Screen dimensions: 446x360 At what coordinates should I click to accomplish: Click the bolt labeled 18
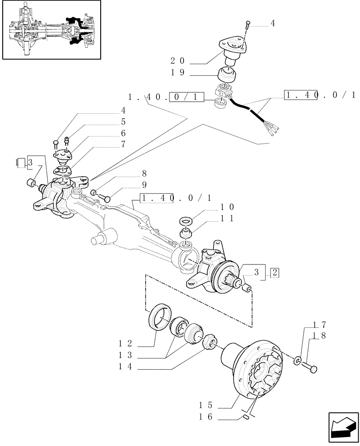pyautogui.click(x=311, y=368)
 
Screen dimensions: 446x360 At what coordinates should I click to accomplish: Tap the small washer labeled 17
pyautogui.click(x=297, y=359)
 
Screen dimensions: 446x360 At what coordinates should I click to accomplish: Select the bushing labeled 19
pyautogui.click(x=228, y=75)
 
